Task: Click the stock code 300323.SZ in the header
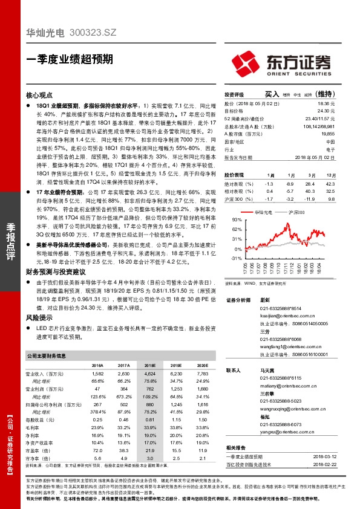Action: tap(94, 35)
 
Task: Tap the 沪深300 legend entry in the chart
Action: tap(295, 213)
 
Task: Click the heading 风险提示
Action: tap(39, 317)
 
